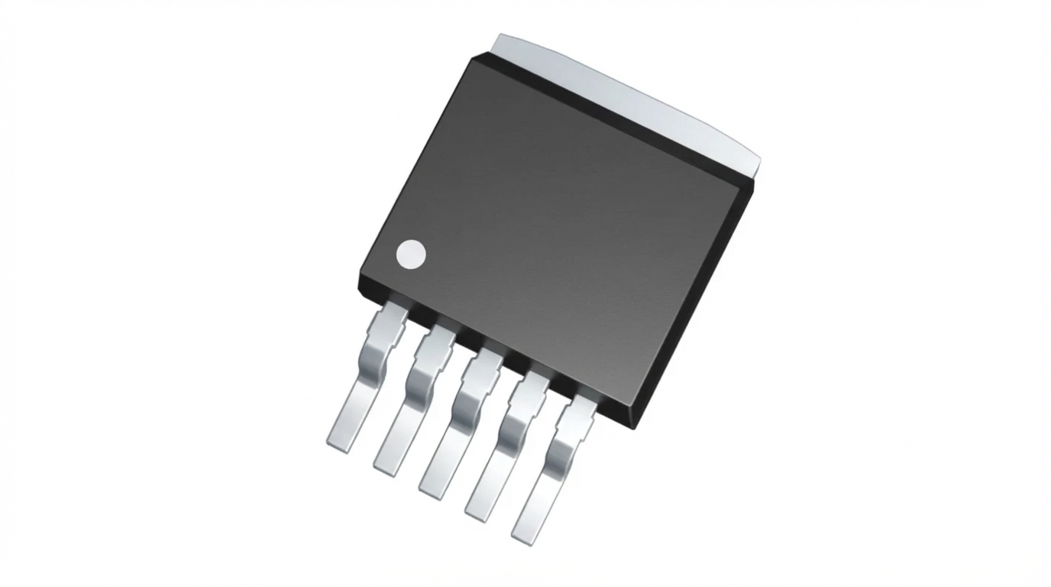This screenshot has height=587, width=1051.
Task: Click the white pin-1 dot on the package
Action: pyautogui.click(x=411, y=255)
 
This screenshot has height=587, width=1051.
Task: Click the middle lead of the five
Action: pyautogui.click(x=458, y=428)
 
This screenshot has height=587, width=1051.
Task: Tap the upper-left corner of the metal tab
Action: pyautogui.click(x=500, y=37)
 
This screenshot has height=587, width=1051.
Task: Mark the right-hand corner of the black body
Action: pyautogui.click(x=752, y=183)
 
